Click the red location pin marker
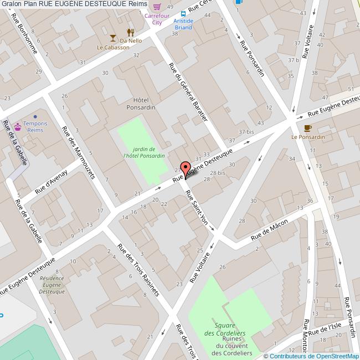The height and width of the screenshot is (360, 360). (x=185, y=169)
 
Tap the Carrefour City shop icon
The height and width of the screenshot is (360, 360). (x=158, y=7)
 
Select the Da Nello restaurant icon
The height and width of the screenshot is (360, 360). (x=131, y=32)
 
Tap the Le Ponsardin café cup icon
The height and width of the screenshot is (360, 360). (x=308, y=127)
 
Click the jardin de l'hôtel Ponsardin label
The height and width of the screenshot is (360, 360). (x=144, y=153)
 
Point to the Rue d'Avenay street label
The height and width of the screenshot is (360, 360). (x=51, y=181)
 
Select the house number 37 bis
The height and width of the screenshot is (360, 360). (x=246, y=131)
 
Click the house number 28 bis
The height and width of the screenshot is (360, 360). (x=217, y=173)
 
